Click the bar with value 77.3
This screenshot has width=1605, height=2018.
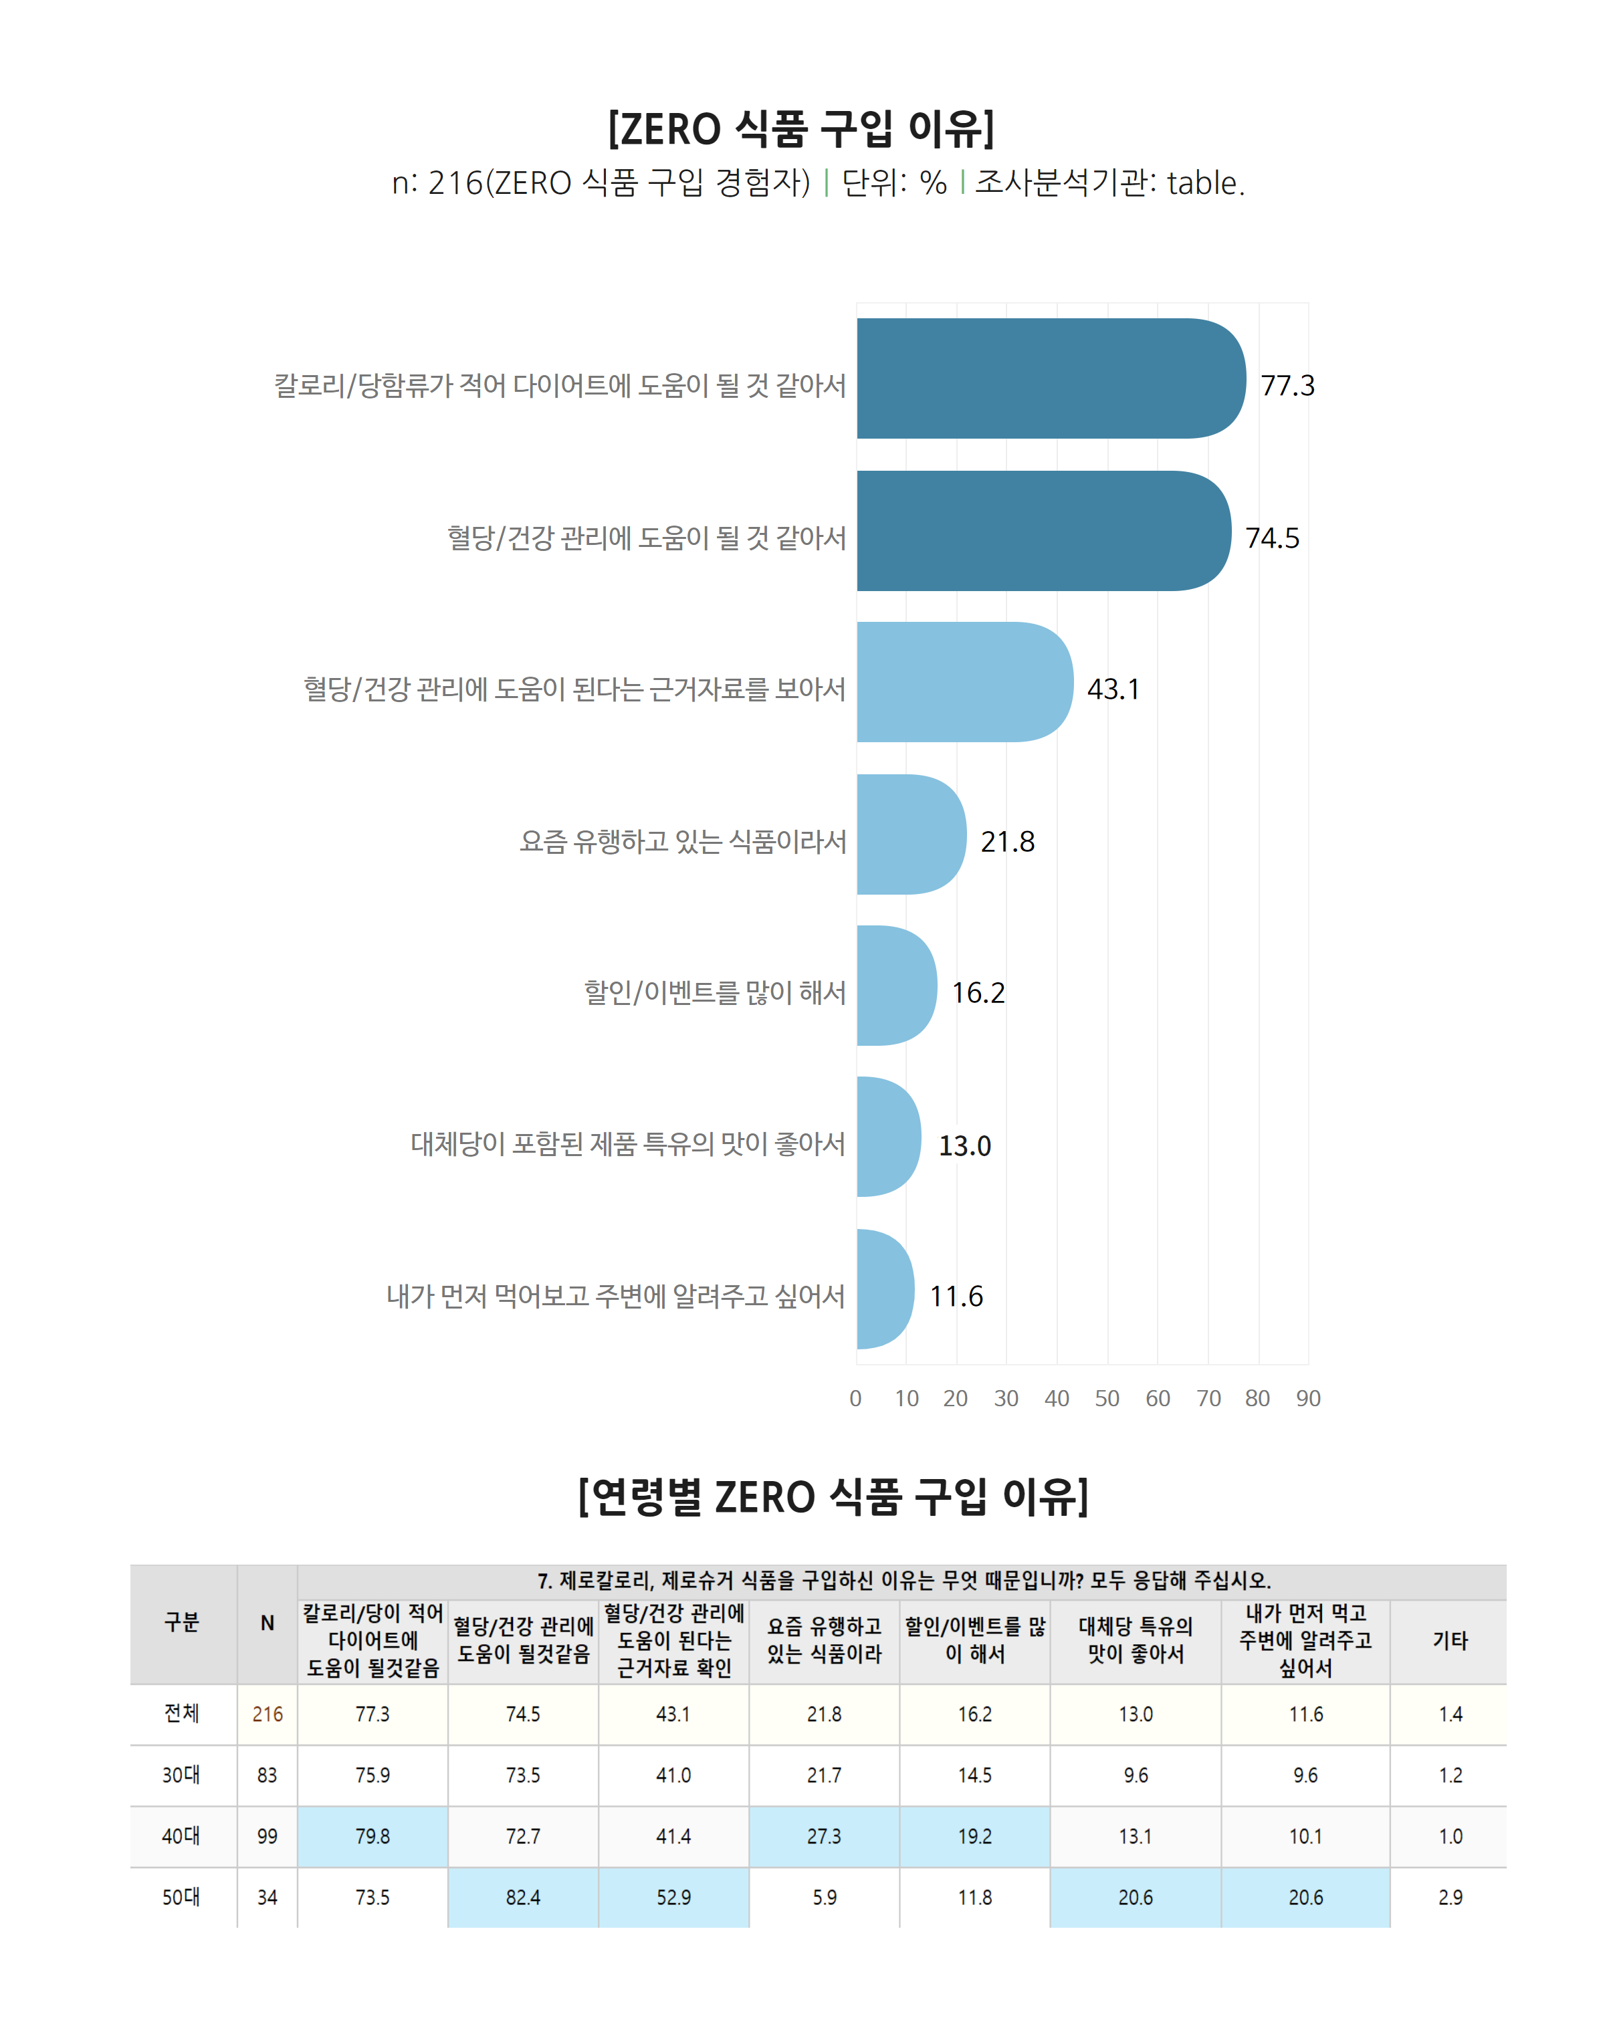pyautogui.click(x=1048, y=378)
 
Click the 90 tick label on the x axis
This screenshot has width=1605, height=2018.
pyautogui.click(x=1307, y=1398)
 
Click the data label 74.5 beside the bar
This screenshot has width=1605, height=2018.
pyautogui.click(x=1272, y=538)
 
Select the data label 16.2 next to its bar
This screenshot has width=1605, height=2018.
pyautogui.click(x=978, y=992)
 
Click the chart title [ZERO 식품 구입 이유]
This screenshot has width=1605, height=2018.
pyautogui.click(x=801, y=128)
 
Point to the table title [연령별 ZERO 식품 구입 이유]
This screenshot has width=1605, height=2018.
pyautogui.click(x=833, y=1496)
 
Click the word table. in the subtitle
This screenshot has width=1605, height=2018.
pyautogui.click(x=1205, y=183)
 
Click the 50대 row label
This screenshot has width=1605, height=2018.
pyautogui.click(x=181, y=1897)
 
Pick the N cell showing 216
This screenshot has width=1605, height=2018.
pyautogui.click(x=267, y=1714)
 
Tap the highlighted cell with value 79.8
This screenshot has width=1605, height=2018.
pyautogui.click(x=372, y=1836)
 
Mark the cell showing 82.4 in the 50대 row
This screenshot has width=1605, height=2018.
pyautogui.click(x=523, y=1897)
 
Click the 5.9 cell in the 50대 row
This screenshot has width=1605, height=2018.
pyautogui.click(x=825, y=1897)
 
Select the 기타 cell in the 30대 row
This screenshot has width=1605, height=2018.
pyautogui.click(x=1450, y=1775)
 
